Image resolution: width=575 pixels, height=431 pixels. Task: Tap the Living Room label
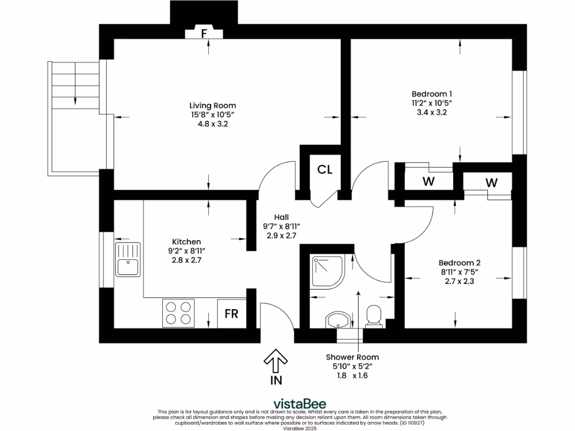(212, 106)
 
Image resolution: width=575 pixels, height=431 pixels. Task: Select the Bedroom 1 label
(431, 94)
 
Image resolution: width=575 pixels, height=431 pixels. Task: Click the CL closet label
(325, 169)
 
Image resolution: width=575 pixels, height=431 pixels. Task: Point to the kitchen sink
(128, 260)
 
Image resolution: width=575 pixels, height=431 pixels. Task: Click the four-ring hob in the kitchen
(177, 313)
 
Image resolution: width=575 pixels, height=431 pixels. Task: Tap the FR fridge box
(231, 314)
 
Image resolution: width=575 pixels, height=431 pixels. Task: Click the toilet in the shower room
(374, 316)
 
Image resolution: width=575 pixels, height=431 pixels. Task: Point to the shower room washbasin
(338, 320)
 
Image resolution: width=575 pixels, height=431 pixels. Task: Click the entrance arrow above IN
(276, 360)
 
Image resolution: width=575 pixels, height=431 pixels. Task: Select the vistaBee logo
(299, 404)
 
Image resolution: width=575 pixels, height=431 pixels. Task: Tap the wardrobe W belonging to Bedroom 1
(428, 181)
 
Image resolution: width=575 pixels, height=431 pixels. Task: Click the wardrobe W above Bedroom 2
(492, 182)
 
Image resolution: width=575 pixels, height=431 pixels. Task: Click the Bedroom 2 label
(459, 263)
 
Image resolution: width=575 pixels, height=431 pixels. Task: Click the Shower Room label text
(352, 357)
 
